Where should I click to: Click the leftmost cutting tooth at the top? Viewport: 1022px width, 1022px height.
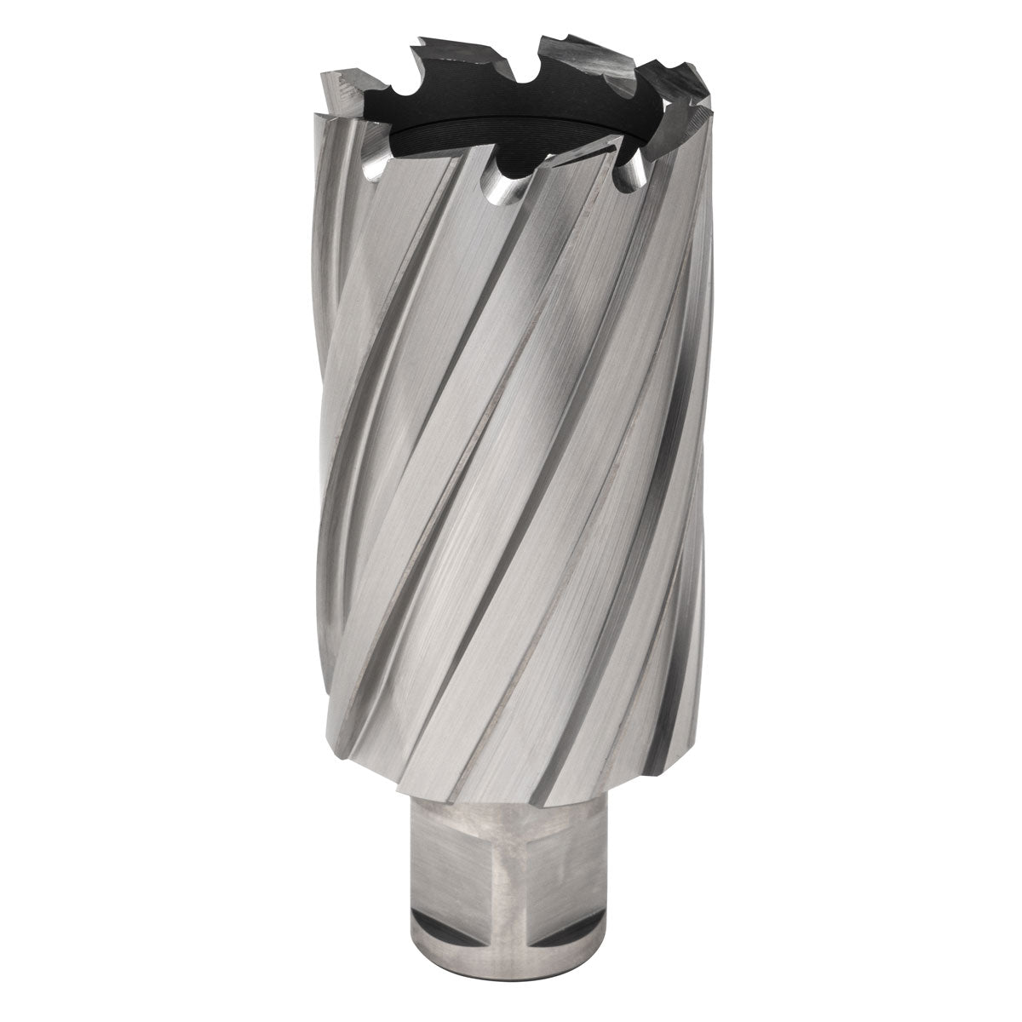tap(341, 85)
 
